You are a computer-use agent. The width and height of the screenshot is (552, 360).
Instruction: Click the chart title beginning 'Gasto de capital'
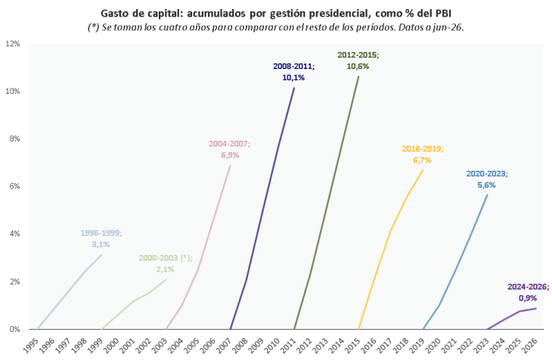276,14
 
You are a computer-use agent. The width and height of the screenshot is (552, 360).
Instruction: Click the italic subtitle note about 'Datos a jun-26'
276,27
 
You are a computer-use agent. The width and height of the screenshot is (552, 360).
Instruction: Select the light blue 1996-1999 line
70,292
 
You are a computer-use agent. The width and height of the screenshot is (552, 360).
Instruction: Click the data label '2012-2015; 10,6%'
358,61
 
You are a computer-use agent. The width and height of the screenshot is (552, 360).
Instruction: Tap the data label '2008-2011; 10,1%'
293,72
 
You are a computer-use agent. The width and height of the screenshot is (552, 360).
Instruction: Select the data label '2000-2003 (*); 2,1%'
166,263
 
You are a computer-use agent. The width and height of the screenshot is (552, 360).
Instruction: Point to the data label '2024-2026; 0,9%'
528,293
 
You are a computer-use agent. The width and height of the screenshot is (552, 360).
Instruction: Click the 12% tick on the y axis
13,44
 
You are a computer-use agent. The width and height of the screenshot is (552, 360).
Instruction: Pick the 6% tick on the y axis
14,186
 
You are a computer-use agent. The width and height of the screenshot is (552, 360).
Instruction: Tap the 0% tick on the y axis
14,329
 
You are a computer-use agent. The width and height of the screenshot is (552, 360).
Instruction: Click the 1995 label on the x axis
31,344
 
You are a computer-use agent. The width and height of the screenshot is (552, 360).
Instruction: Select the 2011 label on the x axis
288,344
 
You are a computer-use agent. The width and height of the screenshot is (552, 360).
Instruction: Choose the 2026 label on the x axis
530,344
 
